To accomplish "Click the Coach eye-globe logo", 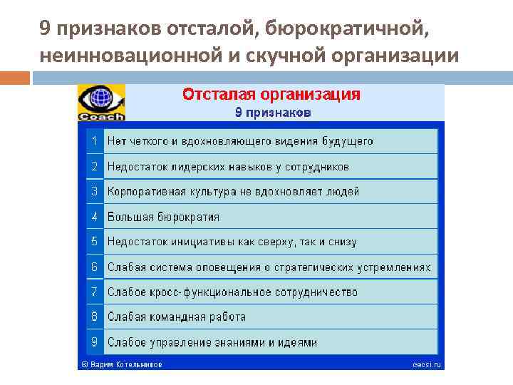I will (100, 102).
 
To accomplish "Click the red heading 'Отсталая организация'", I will (271, 95).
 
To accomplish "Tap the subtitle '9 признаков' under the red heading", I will (273, 113).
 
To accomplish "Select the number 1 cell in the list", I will (94, 141).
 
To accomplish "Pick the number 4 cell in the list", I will (94, 217).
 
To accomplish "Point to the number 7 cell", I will (94, 292).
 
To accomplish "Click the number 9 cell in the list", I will (94, 342).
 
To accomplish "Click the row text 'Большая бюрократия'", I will (163, 217).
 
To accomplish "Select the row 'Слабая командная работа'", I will (176, 317).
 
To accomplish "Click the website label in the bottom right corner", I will (427, 364).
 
